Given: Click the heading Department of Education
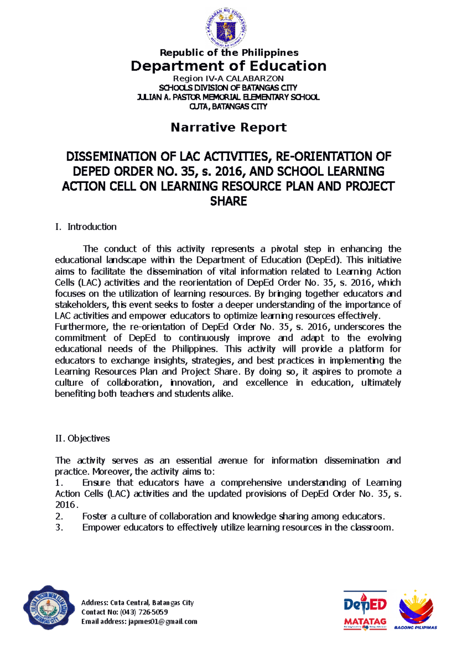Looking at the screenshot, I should pyautogui.click(x=228, y=66).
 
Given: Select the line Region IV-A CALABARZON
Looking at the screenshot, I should pyautogui.click(x=228, y=79).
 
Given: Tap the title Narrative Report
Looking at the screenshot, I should pyautogui.click(x=228, y=127).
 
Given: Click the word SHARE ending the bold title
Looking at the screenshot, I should pyautogui.click(x=228, y=201).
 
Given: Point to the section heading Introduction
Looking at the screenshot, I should pyautogui.click(x=92, y=227).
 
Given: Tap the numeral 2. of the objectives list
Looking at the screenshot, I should pyautogui.click(x=59, y=516).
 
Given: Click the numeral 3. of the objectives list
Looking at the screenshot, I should pyautogui.click(x=59, y=527).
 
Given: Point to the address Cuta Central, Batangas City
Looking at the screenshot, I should pyautogui.click(x=152, y=603).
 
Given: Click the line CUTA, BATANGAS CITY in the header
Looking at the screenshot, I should pyautogui.click(x=228, y=107).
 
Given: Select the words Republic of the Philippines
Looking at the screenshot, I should pyautogui.click(x=228, y=53).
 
